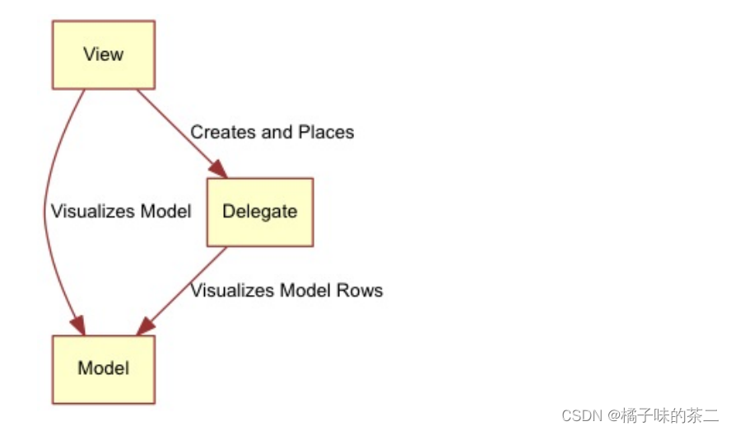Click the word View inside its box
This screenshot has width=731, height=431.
pyautogui.click(x=103, y=54)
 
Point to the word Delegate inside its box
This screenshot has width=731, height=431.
pyautogui.click(x=259, y=212)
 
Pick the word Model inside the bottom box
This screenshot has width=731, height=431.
pyautogui.click(x=103, y=368)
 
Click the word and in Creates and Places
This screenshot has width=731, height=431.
pyautogui.click(x=275, y=132)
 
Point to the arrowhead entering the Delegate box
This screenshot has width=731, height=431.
pyautogui.click(x=218, y=169)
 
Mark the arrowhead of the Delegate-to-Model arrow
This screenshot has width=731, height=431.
pyautogui.click(x=147, y=326)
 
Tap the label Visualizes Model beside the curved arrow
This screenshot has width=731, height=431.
pyautogui.click(x=121, y=212)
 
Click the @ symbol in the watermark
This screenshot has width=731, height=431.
pyautogui.click(x=614, y=415)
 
